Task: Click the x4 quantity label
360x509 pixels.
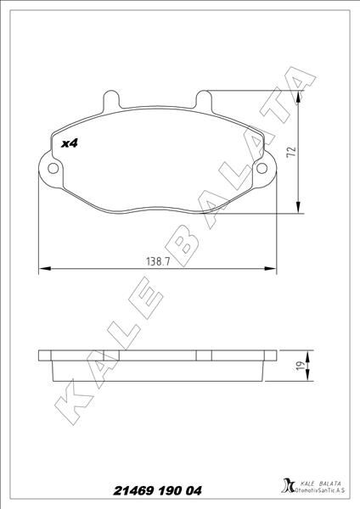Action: pyautogui.click(x=70, y=145)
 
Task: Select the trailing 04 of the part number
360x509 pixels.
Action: pyautogui.click(x=193, y=491)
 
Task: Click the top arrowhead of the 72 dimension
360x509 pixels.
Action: pyautogui.click(x=299, y=96)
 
